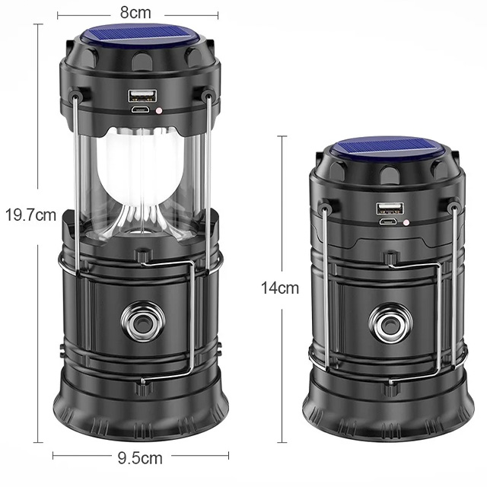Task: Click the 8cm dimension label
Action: click(x=135, y=13)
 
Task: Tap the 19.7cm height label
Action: click(x=30, y=215)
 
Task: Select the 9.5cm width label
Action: click(x=140, y=458)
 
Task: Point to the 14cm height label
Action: click(x=280, y=288)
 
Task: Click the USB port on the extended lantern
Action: click(x=142, y=96)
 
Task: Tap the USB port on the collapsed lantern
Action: click(x=390, y=208)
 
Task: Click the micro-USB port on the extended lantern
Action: click(x=140, y=110)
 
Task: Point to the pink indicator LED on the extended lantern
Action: click(x=159, y=110)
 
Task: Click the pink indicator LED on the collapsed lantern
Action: click(x=406, y=222)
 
